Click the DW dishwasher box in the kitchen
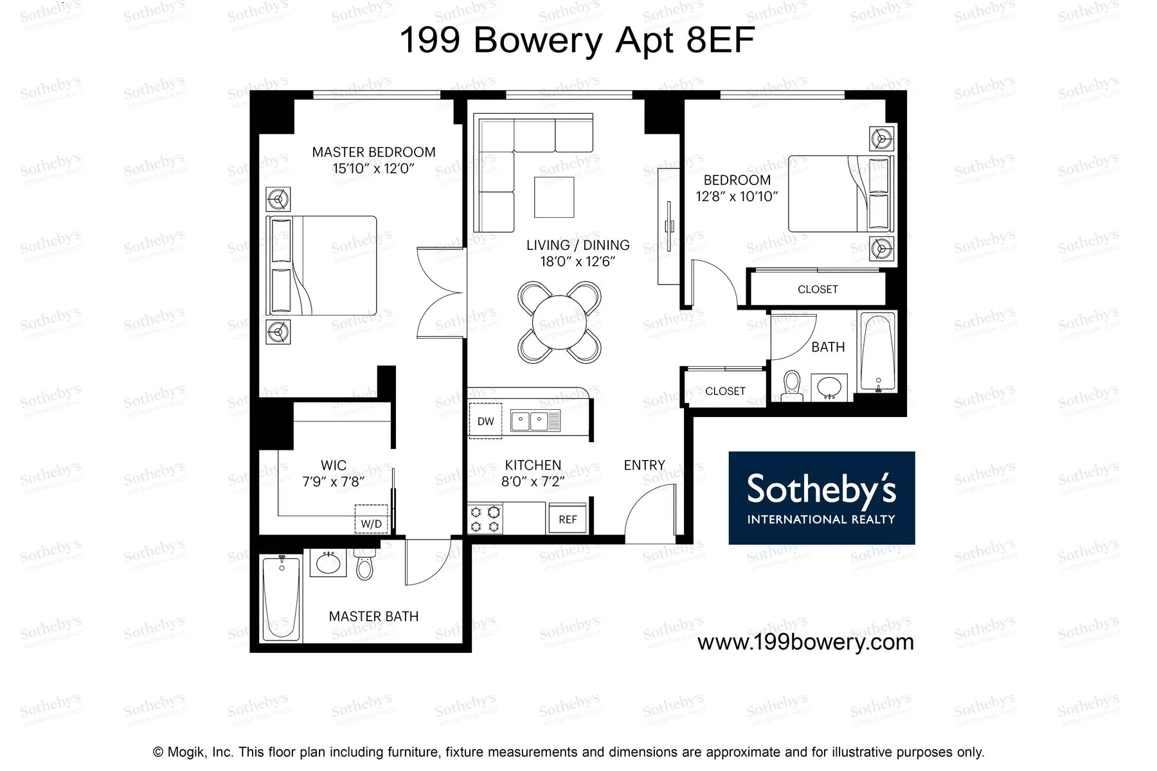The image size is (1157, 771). pyautogui.click(x=485, y=421)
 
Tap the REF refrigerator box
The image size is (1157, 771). pyautogui.click(x=567, y=519)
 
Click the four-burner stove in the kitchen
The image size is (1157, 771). pyautogui.click(x=485, y=519)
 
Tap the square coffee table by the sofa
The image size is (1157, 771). pyautogui.click(x=555, y=197)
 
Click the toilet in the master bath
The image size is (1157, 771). pyautogui.click(x=364, y=565)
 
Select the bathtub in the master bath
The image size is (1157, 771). pyautogui.click(x=282, y=598)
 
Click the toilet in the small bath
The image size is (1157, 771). pyautogui.click(x=792, y=384)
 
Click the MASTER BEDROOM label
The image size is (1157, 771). pyautogui.click(x=373, y=152)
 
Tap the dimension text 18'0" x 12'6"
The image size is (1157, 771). pyautogui.click(x=578, y=261)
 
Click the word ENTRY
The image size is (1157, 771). pyautogui.click(x=644, y=465)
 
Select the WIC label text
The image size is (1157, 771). pyautogui.click(x=333, y=465)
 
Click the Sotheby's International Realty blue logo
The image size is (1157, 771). pyautogui.click(x=821, y=498)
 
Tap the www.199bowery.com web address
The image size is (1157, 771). pyautogui.click(x=805, y=642)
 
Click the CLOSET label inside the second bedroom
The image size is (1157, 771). pyautogui.click(x=818, y=289)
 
